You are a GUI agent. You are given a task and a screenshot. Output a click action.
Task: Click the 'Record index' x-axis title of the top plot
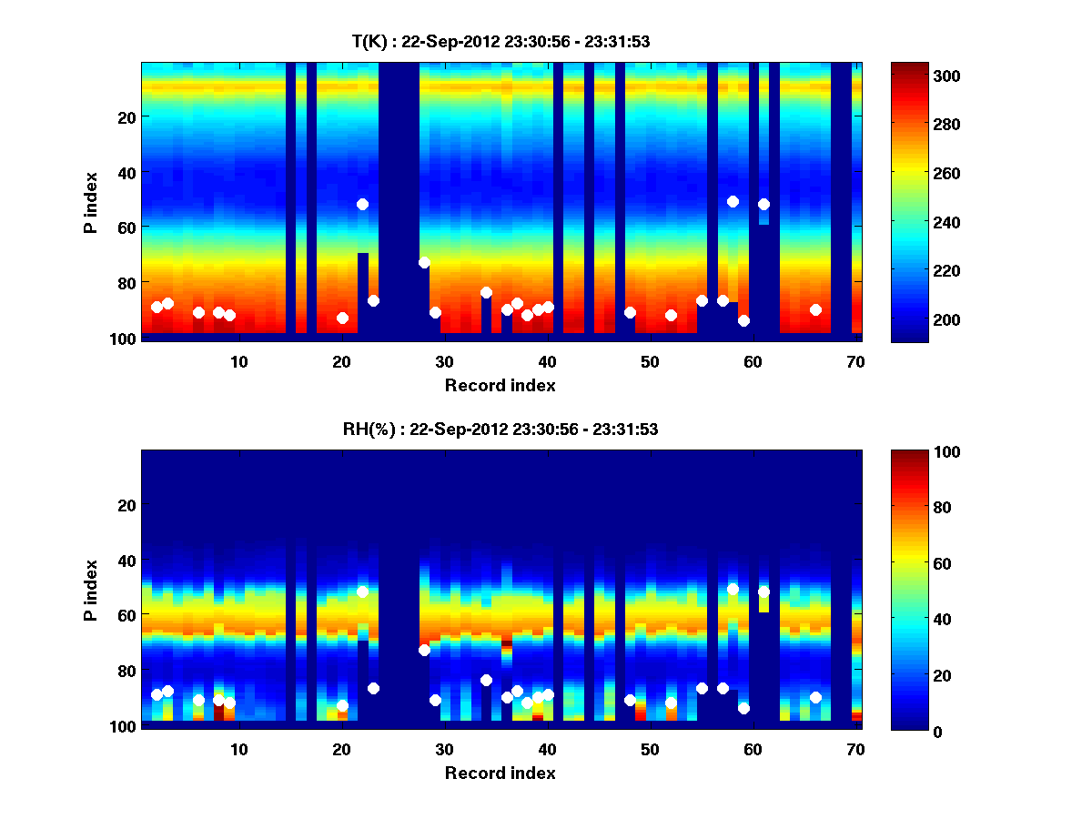click(x=500, y=385)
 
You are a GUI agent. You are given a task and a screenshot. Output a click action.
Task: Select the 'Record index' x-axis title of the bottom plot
click(x=500, y=773)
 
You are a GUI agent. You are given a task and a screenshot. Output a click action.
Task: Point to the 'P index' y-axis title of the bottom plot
click(x=91, y=590)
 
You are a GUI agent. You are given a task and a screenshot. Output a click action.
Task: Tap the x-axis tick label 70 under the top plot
click(x=855, y=361)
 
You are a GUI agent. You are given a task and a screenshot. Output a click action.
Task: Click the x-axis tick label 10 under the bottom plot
click(x=238, y=749)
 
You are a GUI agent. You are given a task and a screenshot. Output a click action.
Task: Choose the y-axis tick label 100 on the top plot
click(x=125, y=339)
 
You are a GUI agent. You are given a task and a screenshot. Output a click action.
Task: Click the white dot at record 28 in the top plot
click(x=424, y=262)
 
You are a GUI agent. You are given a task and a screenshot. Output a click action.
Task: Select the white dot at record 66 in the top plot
click(x=815, y=309)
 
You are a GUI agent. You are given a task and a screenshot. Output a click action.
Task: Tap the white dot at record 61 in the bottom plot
click(x=763, y=591)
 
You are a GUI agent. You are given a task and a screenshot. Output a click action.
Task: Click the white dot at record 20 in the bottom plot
click(x=342, y=705)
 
